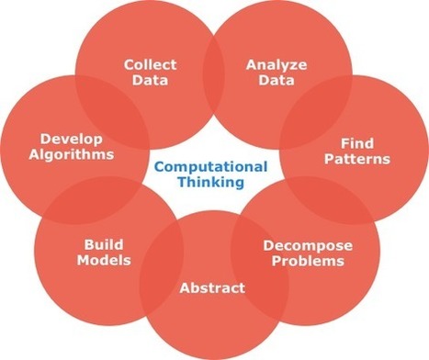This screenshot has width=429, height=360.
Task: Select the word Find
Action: pyautogui.click(x=351, y=143)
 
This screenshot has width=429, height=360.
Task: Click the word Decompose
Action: pyautogui.click(x=303, y=245)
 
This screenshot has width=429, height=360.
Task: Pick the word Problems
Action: pyautogui.click(x=303, y=261)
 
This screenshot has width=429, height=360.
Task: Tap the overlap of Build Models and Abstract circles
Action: pyautogui.click(x=156, y=266)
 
